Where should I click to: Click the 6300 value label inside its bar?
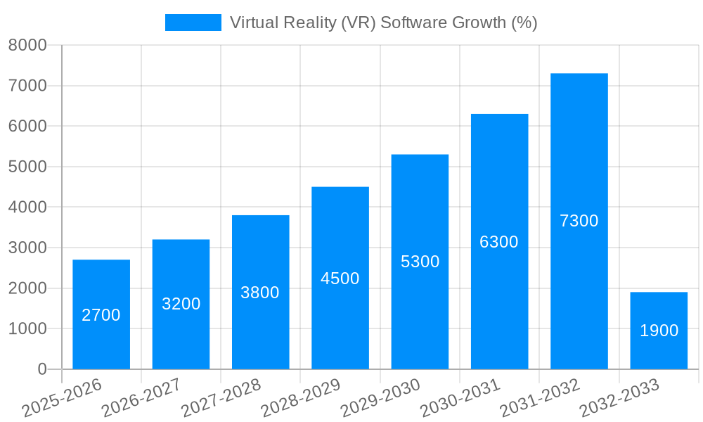click(499, 242)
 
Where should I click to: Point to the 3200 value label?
click(181, 304)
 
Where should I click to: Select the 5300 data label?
click(420, 262)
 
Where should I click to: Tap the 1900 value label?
click(659, 331)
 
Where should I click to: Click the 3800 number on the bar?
click(260, 293)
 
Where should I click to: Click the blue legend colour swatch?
click(193, 23)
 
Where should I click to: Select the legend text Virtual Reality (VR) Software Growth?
click(383, 23)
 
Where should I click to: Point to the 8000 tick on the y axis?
click(27, 45)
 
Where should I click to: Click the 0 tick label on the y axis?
click(41, 369)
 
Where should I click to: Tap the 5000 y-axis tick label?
click(27, 167)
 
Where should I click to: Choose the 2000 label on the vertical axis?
click(27, 288)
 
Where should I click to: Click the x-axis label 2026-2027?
click(141, 397)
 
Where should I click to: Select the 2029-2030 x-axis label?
click(380, 397)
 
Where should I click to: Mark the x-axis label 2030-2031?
click(460, 397)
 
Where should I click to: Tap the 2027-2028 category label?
click(221, 397)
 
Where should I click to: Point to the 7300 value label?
click(579, 221)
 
